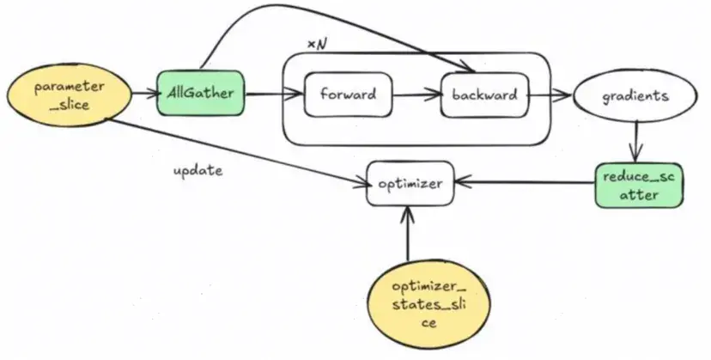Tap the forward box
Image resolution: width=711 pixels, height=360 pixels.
tap(348, 95)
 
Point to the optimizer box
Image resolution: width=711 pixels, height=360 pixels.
tap(410, 183)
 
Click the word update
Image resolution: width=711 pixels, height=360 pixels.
tap(197, 170)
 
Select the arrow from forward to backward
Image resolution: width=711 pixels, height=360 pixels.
tap(416, 95)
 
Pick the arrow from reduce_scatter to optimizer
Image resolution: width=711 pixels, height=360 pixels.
tap(524, 182)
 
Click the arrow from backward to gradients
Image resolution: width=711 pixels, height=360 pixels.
tap(550, 95)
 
